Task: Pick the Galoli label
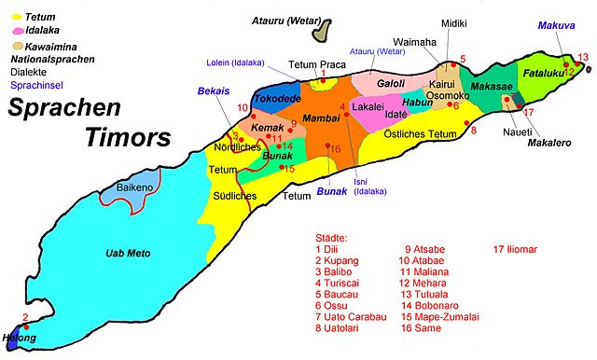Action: (390, 84)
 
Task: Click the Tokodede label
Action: (274, 96)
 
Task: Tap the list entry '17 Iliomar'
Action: (525, 249)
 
